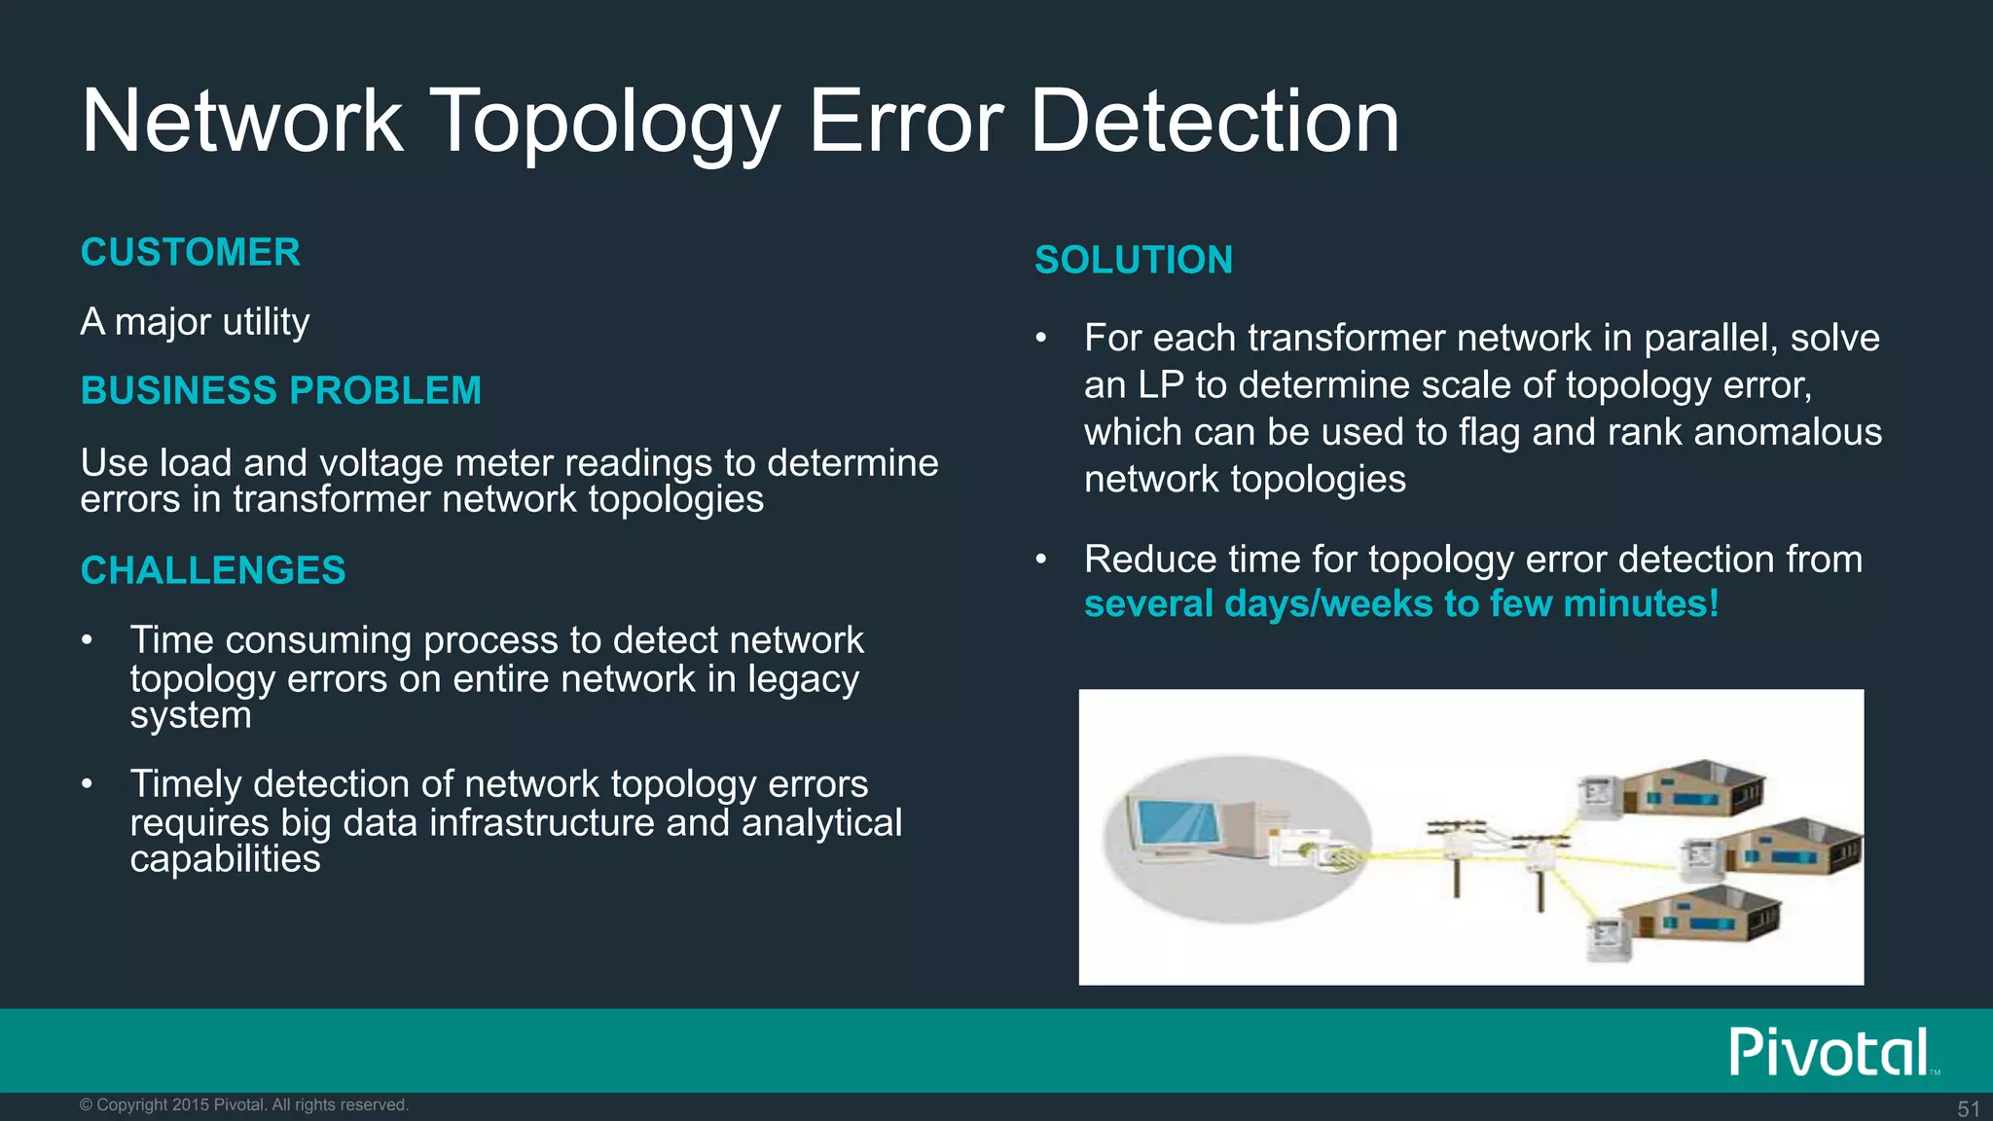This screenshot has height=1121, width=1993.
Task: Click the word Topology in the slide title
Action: (604, 124)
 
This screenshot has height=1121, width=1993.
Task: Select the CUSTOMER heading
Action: (191, 252)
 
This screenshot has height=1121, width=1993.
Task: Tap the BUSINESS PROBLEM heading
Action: (281, 390)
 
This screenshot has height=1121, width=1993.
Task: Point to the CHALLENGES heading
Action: (213, 570)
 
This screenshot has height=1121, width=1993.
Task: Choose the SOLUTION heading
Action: (1134, 260)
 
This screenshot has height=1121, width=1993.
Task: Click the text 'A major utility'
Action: (195, 321)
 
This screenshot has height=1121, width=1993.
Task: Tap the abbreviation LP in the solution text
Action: (1160, 385)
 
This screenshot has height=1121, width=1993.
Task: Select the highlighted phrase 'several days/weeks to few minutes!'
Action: (1401, 604)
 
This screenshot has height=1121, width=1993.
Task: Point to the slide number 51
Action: (1968, 1108)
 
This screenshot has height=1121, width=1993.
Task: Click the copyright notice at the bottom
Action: (244, 1104)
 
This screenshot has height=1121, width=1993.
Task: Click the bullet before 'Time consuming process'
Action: (88, 640)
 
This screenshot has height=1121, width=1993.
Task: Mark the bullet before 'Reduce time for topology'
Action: (1041, 560)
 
